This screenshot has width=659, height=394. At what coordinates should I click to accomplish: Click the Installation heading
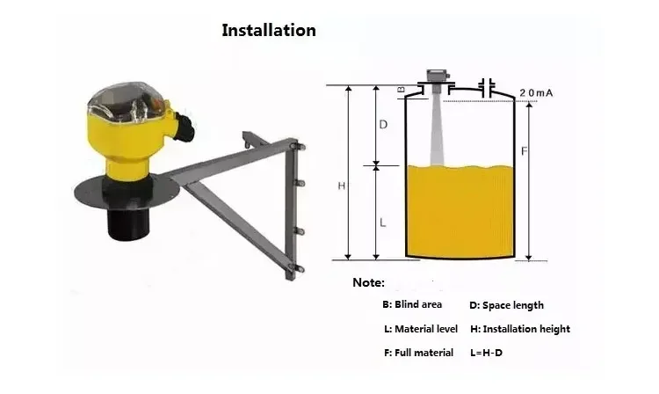click(269, 30)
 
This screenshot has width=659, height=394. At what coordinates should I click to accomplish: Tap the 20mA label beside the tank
click(536, 93)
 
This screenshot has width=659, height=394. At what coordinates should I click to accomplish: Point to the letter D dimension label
click(383, 125)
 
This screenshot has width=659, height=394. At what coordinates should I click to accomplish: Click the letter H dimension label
click(341, 186)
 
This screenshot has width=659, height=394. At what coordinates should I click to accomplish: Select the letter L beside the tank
click(382, 223)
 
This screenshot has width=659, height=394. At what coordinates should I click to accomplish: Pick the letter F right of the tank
click(524, 151)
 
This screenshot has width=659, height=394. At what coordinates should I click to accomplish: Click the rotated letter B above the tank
click(401, 89)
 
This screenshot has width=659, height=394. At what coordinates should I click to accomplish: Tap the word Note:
click(368, 282)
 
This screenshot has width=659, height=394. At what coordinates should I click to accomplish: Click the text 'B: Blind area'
click(412, 304)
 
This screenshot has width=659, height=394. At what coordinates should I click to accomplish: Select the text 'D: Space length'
click(506, 305)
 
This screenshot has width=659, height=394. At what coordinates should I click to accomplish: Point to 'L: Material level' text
click(421, 329)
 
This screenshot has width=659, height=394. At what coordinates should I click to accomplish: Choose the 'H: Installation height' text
click(520, 329)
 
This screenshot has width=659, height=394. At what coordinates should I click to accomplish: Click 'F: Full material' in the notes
click(418, 353)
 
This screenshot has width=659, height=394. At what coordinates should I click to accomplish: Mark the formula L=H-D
click(486, 353)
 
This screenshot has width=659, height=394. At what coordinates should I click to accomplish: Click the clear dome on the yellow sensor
click(126, 101)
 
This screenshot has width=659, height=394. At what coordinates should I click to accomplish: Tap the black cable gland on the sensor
click(185, 126)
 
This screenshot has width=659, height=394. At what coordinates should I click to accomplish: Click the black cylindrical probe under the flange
click(128, 223)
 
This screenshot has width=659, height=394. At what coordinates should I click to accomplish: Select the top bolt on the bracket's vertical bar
click(300, 146)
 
